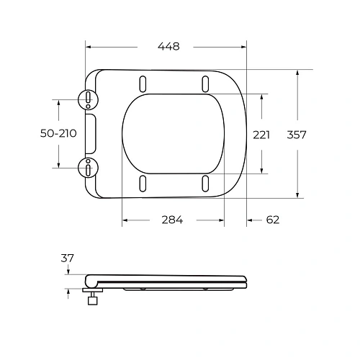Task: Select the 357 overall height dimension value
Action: pyautogui.click(x=297, y=134)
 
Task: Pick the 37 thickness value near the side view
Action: pyautogui.click(x=68, y=257)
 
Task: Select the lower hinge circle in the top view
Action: pyautogui.click(x=88, y=168)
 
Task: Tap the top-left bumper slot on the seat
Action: pyautogui.click(x=143, y=82)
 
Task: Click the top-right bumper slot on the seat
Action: pyautogui.click(x=206, y=82)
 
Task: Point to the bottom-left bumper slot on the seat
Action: pyautogui.click(x=143, y=183)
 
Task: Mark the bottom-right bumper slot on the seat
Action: pyautogui.click(x=206, y=183)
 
